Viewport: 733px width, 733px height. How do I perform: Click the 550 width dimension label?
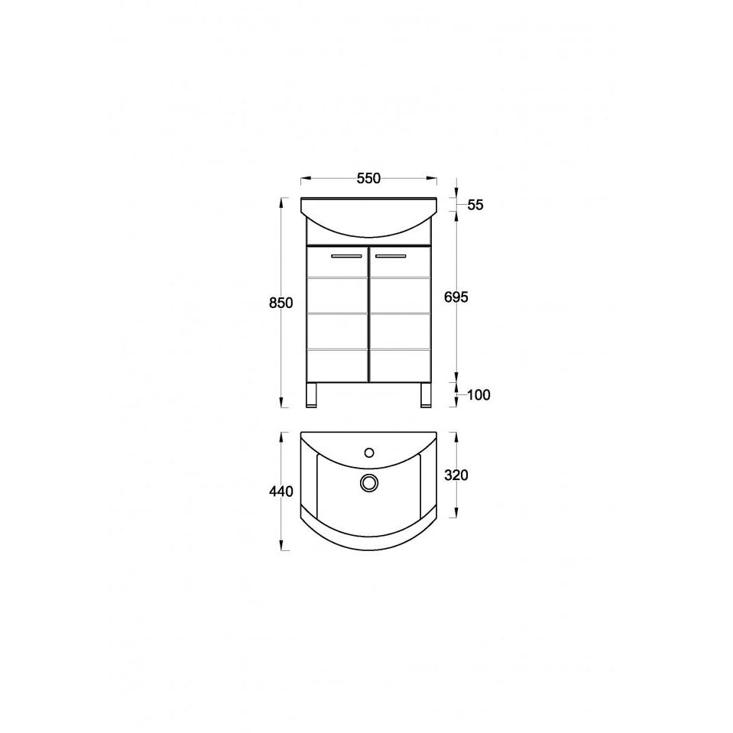click(x=369, y=178)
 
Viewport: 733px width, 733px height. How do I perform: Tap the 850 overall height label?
click(x=281, y=303)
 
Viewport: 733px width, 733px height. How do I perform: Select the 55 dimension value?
click(x=475, y=205)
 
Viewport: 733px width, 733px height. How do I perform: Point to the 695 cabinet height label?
click(x=456, y=297)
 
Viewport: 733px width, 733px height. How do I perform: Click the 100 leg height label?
click(x=478, y=395)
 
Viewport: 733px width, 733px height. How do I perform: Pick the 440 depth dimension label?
click(x=281, y=491)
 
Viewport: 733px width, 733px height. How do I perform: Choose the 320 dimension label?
click(x=456, y=475)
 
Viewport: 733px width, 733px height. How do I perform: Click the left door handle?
click(x=346, y=256)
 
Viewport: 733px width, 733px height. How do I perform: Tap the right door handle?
click(x=391, y=256)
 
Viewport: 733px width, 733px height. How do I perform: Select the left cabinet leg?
click(x=311, y=395)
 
